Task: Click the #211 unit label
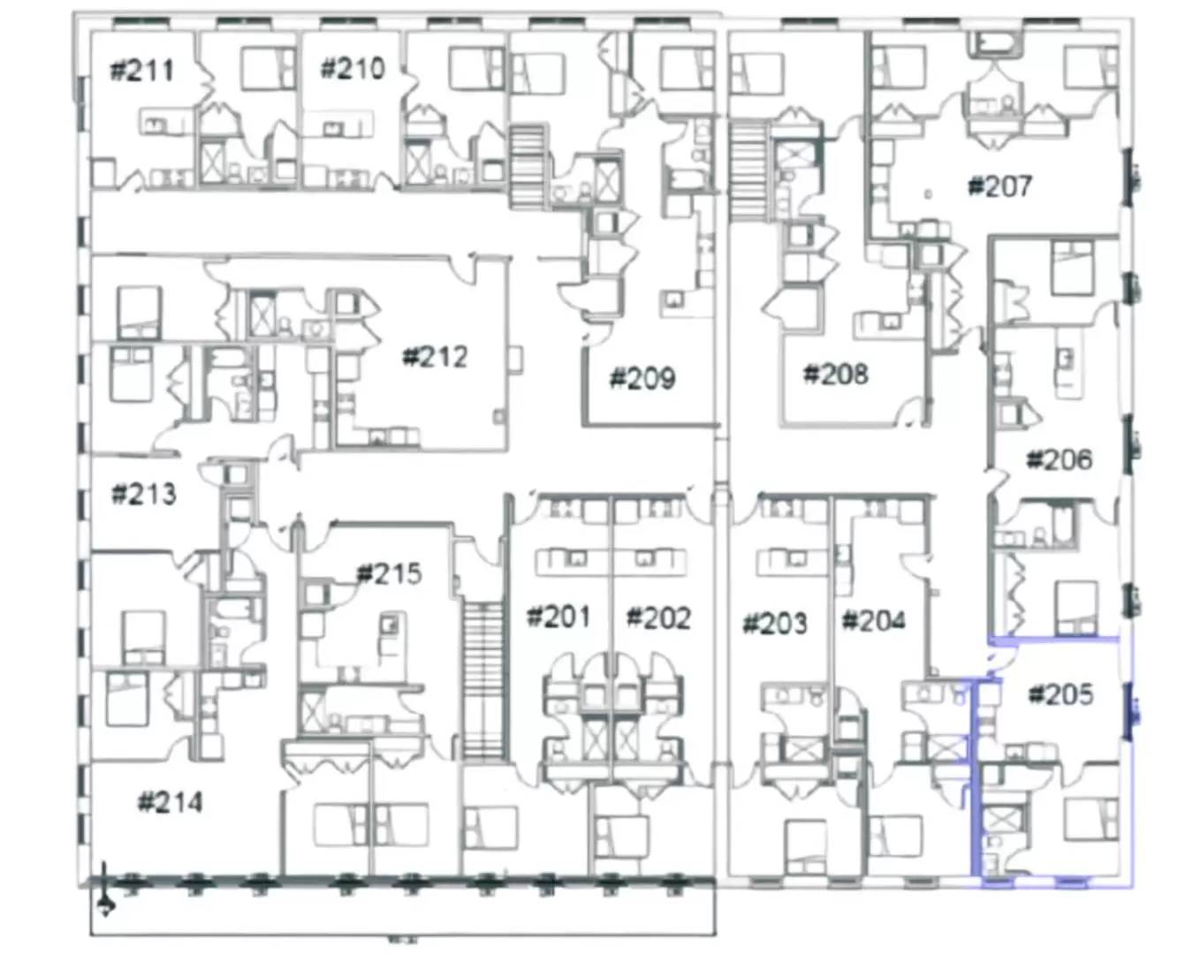point(141,70)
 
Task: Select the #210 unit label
point(352,68)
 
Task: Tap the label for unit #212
point(435,357)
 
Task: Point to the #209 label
point(642,379)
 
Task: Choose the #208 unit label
point(835,374)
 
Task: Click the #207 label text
point(999,186)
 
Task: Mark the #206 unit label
point(1059,459)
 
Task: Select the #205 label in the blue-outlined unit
point(1060,694)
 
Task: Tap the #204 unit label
point(873,621)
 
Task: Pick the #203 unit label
point(774,624)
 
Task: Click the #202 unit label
point(658,617)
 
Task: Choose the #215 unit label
point(389,574)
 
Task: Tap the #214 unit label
point(170,802)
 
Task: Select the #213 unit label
point(143,494)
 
